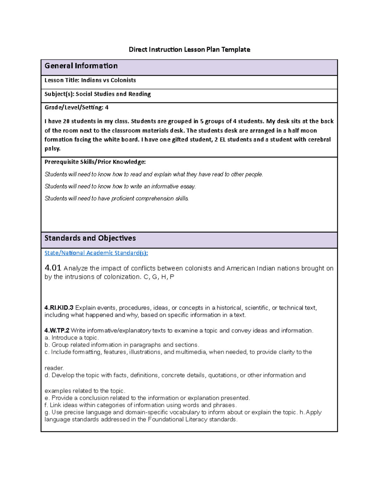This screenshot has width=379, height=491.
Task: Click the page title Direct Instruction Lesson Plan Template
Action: pyautogui.click(x=189, y=49)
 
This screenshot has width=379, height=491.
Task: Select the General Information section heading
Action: pyautogui.click(x=81, y=66)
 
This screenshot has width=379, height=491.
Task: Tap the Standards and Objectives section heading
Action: pyautogui.click(x=90, y=238)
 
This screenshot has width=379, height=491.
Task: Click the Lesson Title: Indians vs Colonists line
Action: pyautogui.click(x=90, y=80)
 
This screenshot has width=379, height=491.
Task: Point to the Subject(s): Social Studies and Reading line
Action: pyautogui.click(x=98, y=94)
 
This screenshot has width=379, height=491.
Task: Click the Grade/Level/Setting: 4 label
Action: pyautogui.click(x=76, y=107)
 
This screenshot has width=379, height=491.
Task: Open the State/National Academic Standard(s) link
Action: pyautogui.click(x=96, y=253)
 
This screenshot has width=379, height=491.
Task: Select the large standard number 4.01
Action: pyautogui.click(x=53, y=268)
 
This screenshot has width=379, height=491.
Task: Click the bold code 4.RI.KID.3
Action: pyautogui.click(x=59, y=308)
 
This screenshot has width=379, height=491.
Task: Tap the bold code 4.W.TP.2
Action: pyautogui.click(x=57, y=330)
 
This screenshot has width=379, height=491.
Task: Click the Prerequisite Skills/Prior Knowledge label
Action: pyautogui.click(x=95, y=162)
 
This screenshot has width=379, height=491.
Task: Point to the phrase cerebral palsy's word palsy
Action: pyautogui.click(x=52, y=148)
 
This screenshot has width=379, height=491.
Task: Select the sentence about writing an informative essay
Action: pyautogui.click(x=120, y=187)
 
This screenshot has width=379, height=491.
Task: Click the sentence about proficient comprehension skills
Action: pyautogui.click(x=117, y=199)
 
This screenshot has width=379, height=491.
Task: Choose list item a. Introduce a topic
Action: pyautogui.click(x=72, y=338)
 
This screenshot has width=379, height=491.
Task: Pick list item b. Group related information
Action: pyautogui.click(x=122, y=345)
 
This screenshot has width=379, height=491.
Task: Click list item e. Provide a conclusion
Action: pyautogui.click(x=147, y=398)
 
